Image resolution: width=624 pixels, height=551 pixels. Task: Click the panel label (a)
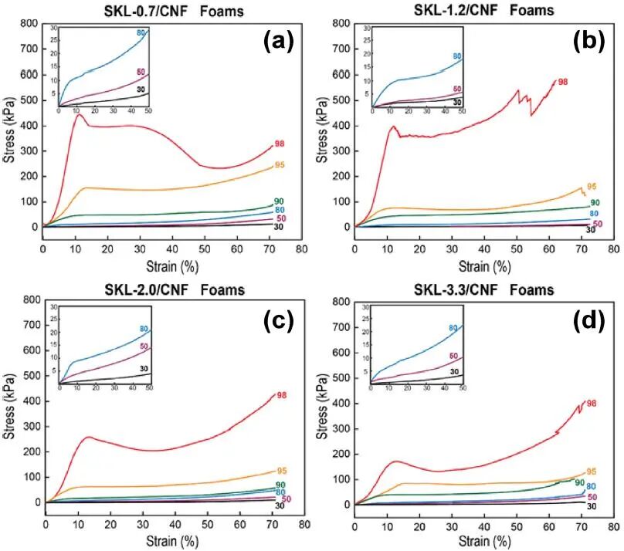coord(276,41)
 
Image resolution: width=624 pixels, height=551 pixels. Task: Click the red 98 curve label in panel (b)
coord(563,82)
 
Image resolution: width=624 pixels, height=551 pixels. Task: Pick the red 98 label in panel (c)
coord(282,395)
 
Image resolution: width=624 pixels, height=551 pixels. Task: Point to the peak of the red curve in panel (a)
coord(79,115)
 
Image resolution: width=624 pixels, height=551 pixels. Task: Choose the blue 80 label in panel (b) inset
coord(457,56)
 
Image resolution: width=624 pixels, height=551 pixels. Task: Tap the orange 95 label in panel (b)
coord(592,187)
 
